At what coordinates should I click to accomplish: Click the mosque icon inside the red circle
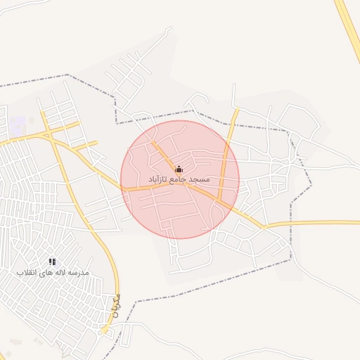(179, 169)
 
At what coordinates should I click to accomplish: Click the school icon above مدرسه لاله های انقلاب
(53, 262)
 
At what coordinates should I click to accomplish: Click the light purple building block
(17, 127)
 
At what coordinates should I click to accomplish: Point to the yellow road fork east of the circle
(264, 226)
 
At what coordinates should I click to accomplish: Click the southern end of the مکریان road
(107, 330)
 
